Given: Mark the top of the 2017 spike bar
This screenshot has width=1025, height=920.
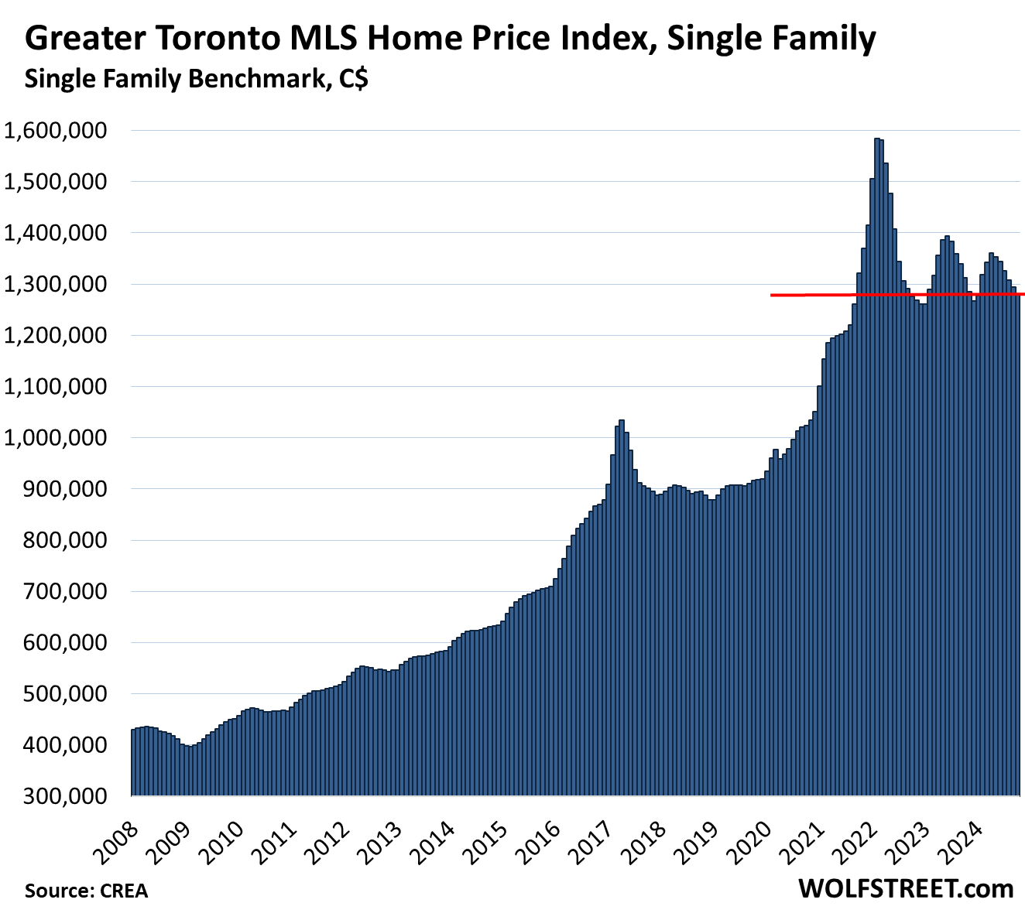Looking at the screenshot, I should tap(621, 421).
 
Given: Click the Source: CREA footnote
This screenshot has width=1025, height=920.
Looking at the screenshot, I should tap(86, 891).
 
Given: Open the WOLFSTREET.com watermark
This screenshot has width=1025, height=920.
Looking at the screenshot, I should tap(906, 889).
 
